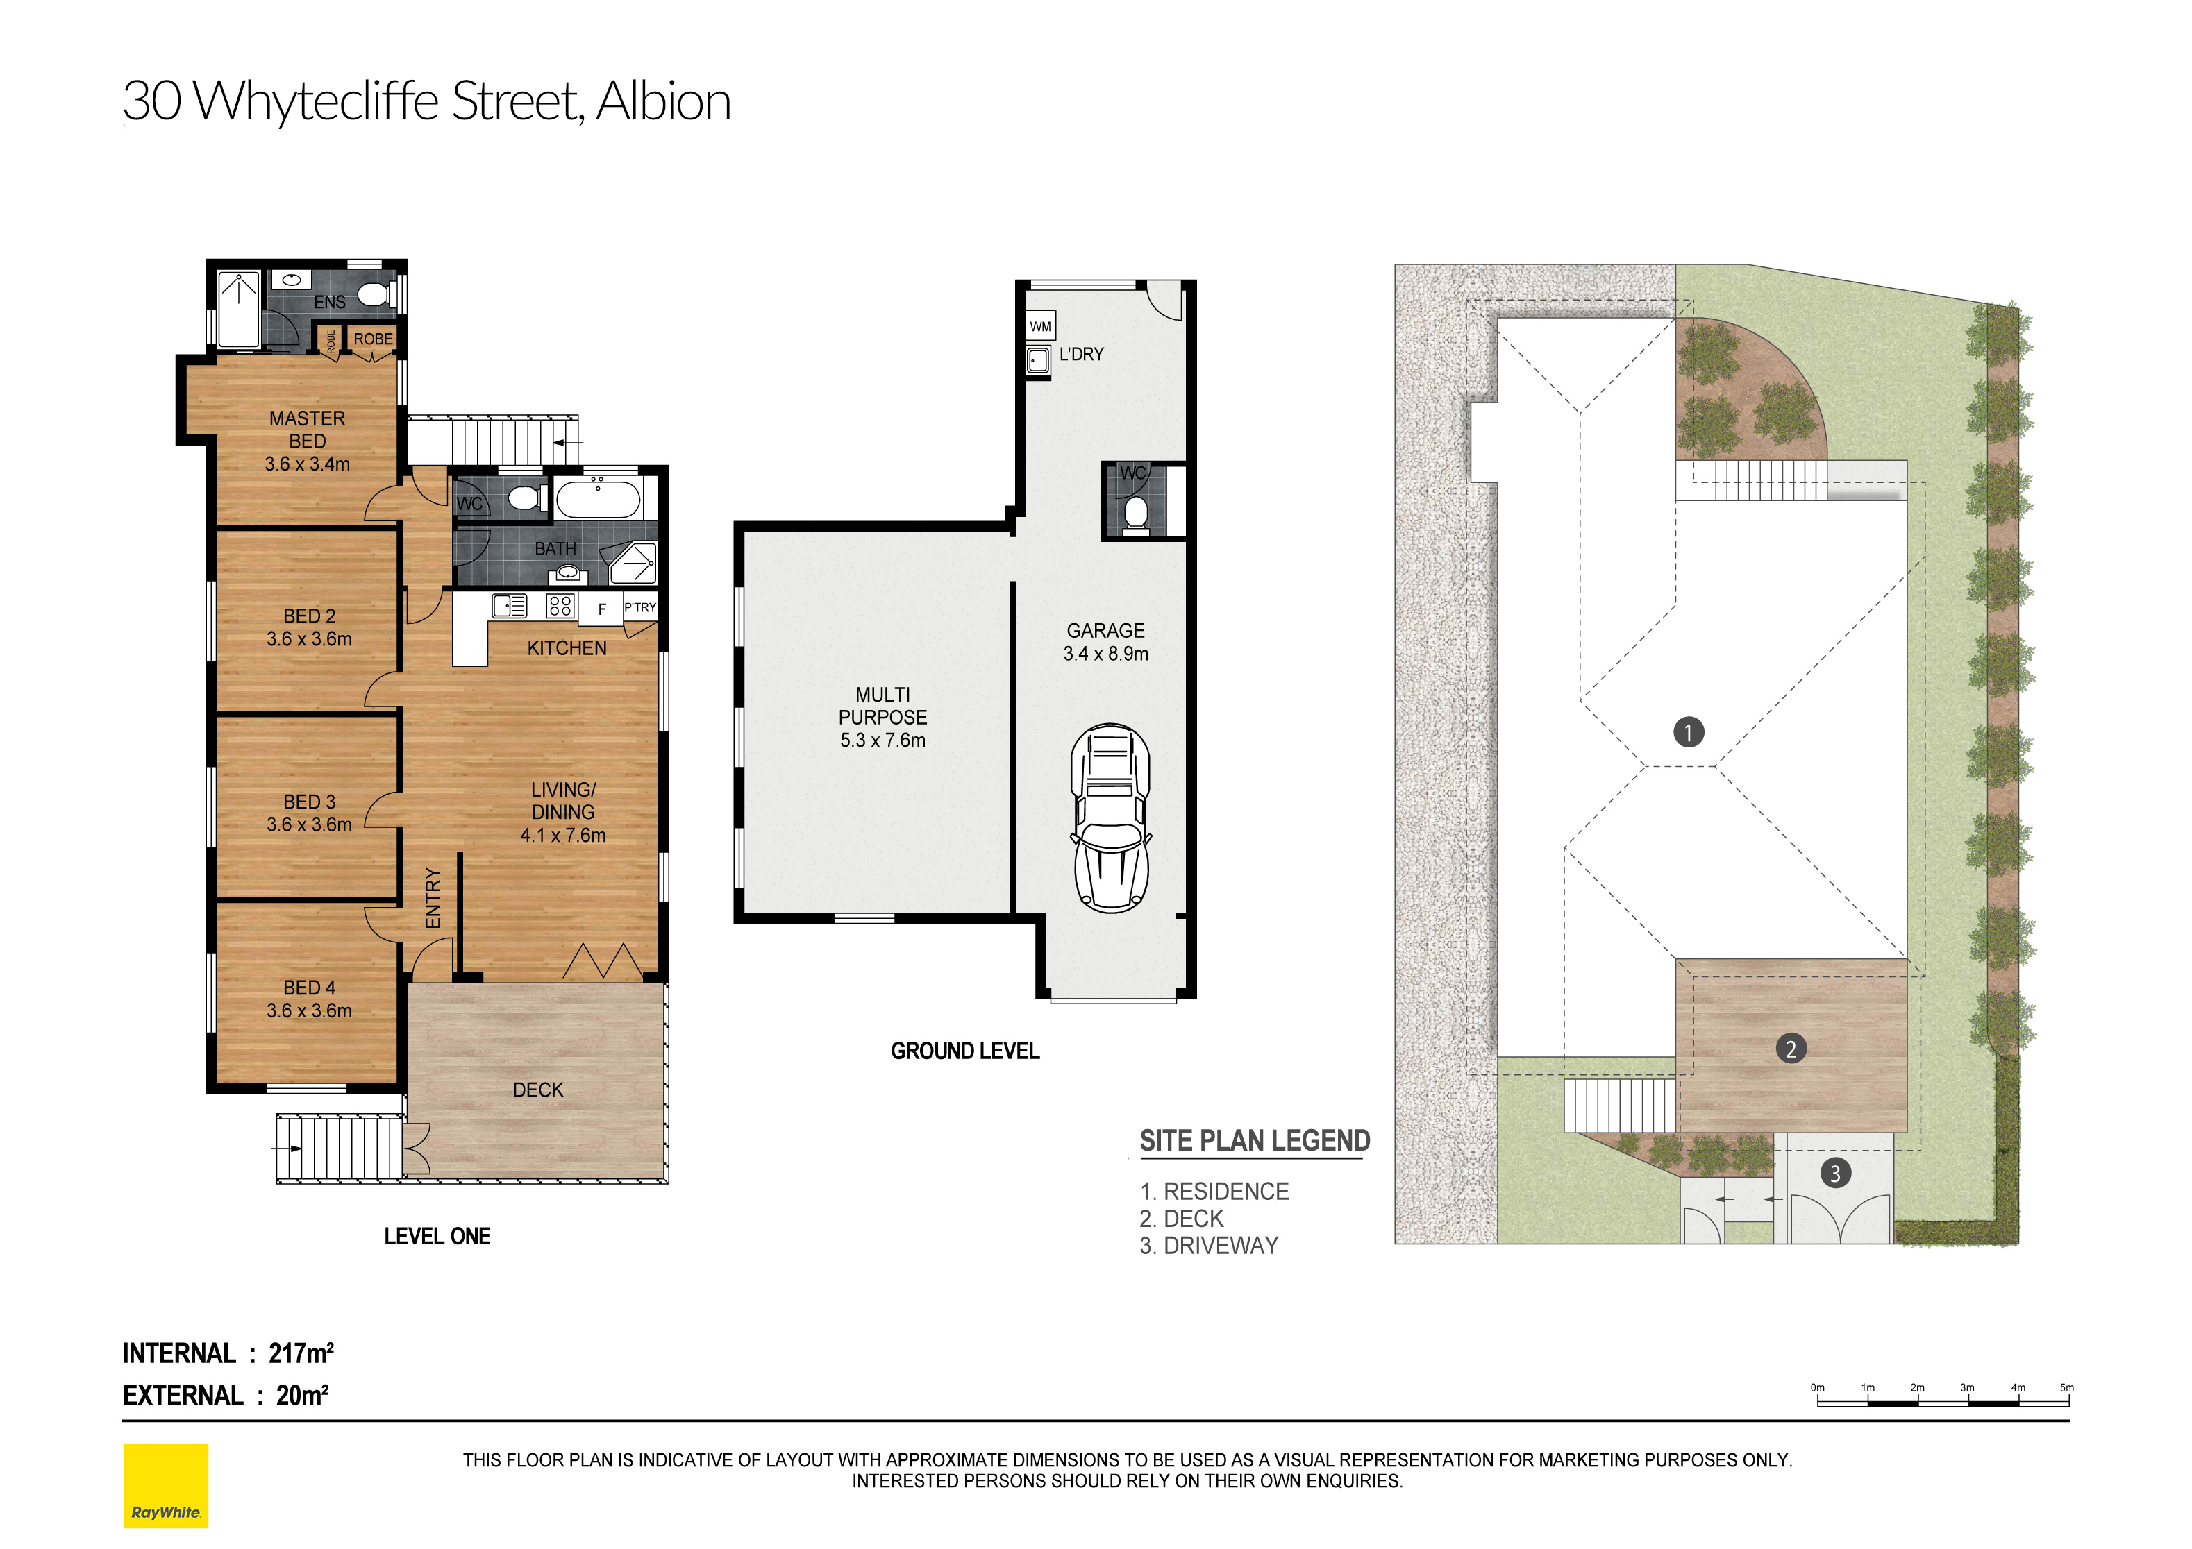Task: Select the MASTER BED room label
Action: coord(308,430)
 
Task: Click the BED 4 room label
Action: coord(310,988)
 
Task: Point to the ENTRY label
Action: coord(433,897)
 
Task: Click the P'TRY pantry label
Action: coord(639,607)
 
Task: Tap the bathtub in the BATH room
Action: coord(598,499)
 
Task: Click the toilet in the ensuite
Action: coord(374,295)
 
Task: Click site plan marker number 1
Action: coord(1688,732)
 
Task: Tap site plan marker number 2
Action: coord(1790,1049)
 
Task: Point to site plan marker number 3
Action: coord(1834,1173)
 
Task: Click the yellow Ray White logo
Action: coord(165,1485)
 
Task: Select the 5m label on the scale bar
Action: coord(2066,1388)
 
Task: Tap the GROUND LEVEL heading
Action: coord(964,1051)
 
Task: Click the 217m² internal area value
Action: coord(301,1353)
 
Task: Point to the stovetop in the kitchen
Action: coord(560,605)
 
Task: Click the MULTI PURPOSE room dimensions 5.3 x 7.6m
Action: coord(882,740)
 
